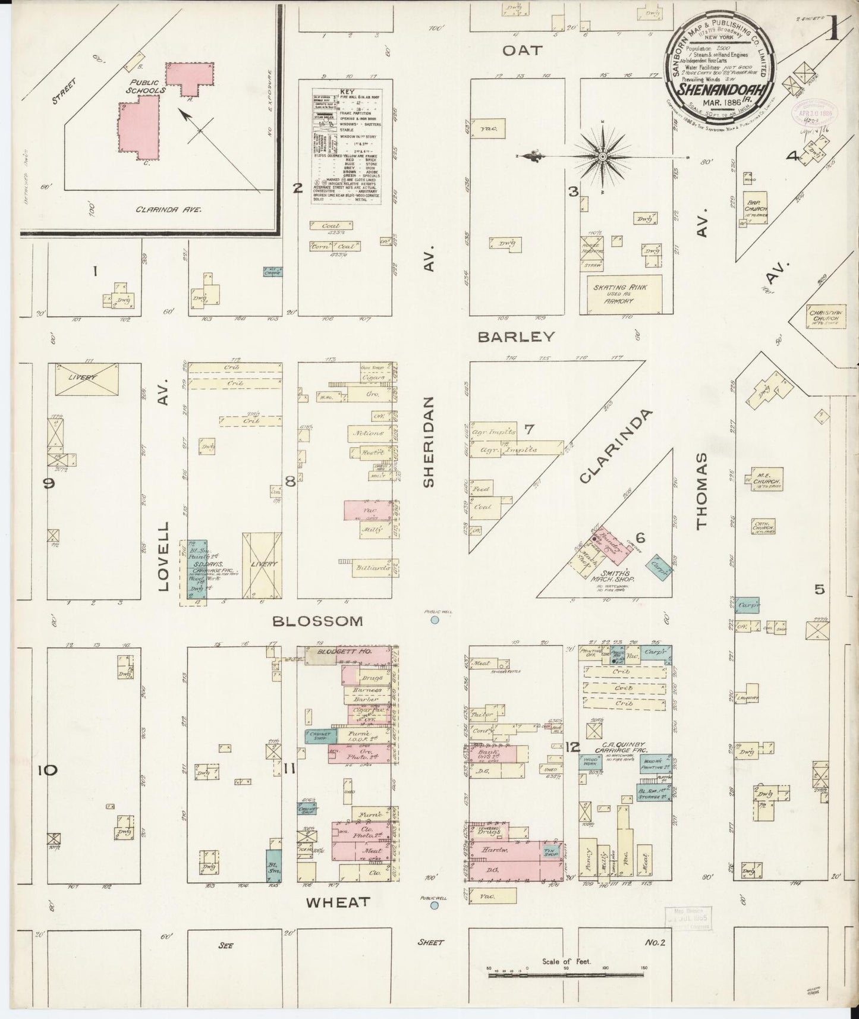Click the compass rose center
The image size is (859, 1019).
(x=602, y=157)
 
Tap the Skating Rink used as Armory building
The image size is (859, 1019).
(x=616, y=294)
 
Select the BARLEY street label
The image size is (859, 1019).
(x=516, y=337)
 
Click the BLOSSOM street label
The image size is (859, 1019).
(x=317, y=621)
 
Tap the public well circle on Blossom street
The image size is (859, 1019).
(x=435, y=620)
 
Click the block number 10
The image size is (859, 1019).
(x=47, y=770)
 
